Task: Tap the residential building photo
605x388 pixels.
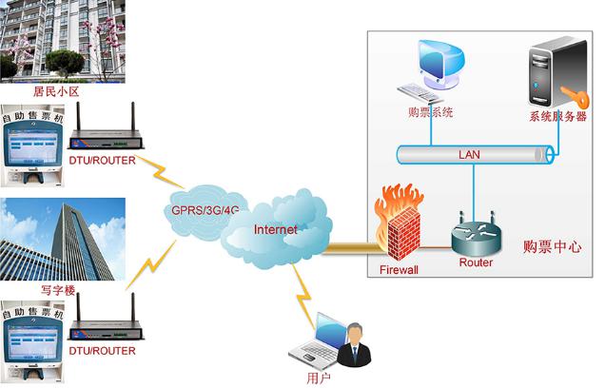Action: [62, 40]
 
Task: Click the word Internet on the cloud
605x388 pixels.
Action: [275, 229]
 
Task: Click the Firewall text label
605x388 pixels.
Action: [399, 270]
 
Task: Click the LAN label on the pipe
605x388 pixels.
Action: [470, 154]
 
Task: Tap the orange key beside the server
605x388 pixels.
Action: [571, 95]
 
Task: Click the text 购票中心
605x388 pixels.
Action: [553, 245]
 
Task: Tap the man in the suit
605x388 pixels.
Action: [355, 343]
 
